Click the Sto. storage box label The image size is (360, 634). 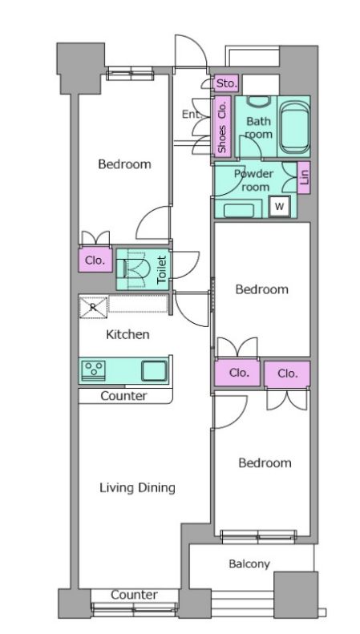[226, 83]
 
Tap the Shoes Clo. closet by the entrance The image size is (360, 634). [222, 127]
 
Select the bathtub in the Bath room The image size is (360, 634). [295, 127]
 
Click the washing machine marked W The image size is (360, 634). [280, 207]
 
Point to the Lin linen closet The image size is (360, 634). [304, 177]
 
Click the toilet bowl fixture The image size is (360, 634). [133, 269]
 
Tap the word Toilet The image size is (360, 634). [161, 269]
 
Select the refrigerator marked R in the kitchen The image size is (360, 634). [94, 307]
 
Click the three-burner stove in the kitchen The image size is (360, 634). [94, 371]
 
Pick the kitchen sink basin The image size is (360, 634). [154, 370]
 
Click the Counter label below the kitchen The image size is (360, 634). [123, 396]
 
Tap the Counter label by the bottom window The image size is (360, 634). [134, 595]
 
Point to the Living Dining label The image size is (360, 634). [138, 487]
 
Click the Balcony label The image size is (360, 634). [249, 563]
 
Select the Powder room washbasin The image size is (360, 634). [239, 210]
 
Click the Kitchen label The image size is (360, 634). [127, 334]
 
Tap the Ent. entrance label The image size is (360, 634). [192, 115]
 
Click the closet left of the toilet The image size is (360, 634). [95, 260]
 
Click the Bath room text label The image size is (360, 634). [259, 127]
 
